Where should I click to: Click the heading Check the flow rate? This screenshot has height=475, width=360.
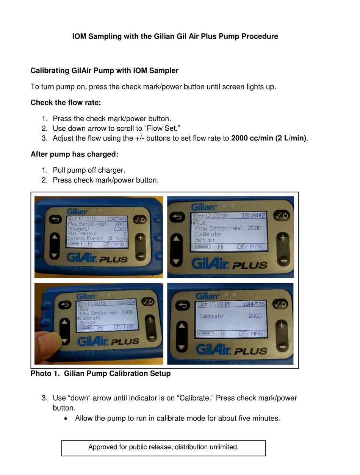point(66,103)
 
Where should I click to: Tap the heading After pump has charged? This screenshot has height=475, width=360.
point(74,154)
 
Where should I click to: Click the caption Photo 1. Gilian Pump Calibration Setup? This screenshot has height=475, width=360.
point(100,373)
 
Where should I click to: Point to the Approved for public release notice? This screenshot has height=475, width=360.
point(163,447)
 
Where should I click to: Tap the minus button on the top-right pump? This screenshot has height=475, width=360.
point(282,261)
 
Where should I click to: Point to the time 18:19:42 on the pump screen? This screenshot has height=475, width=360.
point(254,216)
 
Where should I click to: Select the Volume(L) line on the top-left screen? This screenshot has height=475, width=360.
point(97,229)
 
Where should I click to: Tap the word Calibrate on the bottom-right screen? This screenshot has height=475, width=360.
point(211,316)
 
